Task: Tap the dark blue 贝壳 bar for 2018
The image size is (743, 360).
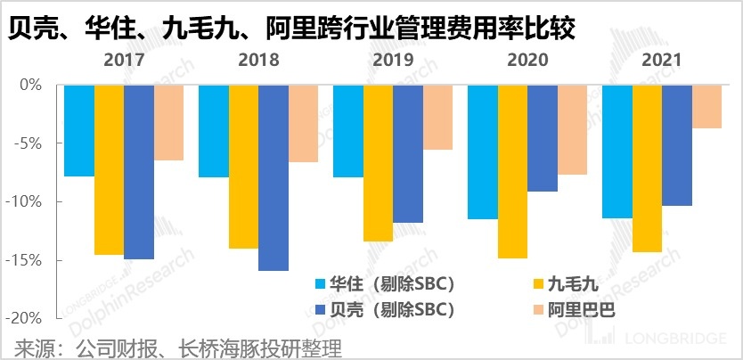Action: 273,177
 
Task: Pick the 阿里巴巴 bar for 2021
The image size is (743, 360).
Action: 706,107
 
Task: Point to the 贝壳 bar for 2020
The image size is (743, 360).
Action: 543,138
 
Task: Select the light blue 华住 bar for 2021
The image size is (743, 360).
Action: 616,151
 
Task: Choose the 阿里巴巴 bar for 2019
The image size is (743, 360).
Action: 437,117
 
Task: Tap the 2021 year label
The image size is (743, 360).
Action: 661,61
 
